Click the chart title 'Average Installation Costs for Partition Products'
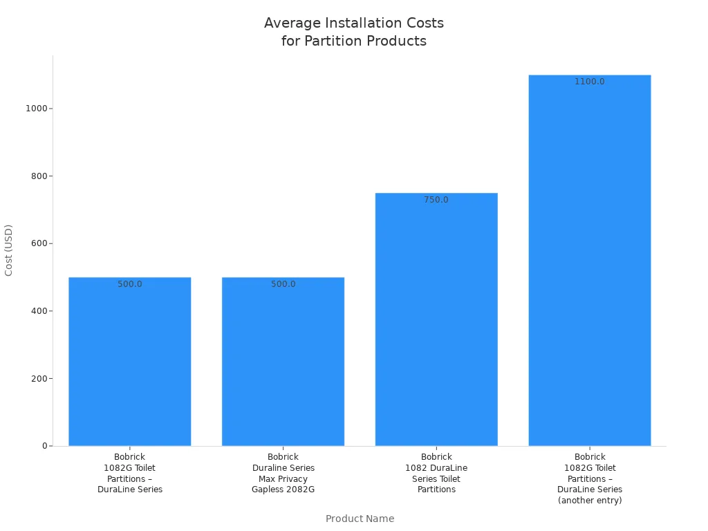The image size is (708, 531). point(354,32)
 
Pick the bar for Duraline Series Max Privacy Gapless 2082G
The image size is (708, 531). point(283,363)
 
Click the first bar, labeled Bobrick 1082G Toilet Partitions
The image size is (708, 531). point(130,363)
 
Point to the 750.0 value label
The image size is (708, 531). point(436,200)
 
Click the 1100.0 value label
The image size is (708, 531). point(590,82)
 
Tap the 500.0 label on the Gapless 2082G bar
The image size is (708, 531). point(283,284)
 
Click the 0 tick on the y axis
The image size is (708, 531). point(44,446)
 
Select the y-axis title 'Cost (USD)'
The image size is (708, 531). point(9,250)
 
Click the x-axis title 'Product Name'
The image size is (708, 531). point(360,519)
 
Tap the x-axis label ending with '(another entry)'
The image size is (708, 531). point(590,478)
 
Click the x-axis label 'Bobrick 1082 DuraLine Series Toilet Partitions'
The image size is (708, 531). point(436,473)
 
